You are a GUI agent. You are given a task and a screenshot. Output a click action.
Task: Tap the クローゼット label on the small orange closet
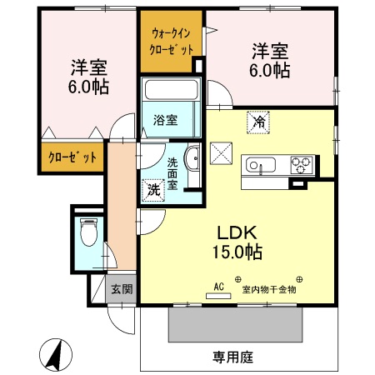pyautogui.click(x=72, y=157)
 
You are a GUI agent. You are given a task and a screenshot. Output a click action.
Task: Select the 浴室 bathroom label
pyautogui.click(x=165, y=120)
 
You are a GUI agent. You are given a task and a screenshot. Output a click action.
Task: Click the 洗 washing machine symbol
pyautogui.click(x=153, y=189)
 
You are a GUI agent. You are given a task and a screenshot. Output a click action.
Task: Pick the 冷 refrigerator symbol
pyautogui.click(x=259, y=122)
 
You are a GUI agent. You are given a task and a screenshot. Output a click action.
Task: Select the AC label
pyautogui.click(x=220, y=287)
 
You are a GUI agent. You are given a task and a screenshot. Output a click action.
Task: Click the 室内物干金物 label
pyautogui.click(x=269, y=290)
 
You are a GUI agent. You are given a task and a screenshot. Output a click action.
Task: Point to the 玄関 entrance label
pyautogui.click(x=122, y=289)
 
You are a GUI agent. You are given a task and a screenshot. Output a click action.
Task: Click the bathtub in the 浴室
pyautogui.click(x=169, y=91)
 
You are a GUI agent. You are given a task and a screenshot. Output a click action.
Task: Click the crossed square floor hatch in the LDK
pyautogui.click(x=221, y=155)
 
